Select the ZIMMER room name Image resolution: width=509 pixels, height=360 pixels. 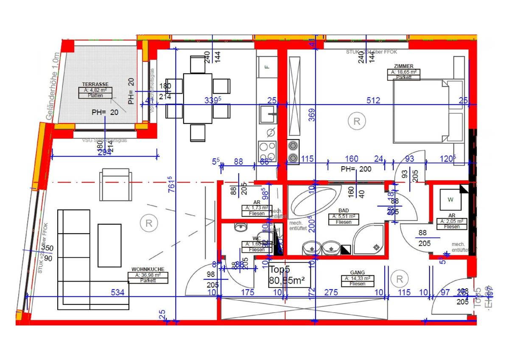pos(403,67)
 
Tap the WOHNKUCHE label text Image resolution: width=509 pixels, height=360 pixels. pos(148,269)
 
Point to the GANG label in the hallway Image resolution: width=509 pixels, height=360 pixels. pos(357,273)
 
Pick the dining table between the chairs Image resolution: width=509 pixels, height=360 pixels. pos(197,98)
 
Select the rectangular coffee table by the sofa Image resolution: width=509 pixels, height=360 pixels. pos(110,245)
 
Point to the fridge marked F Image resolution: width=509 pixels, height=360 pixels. pos(267,67)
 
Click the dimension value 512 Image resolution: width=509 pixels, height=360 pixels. pos(373,100)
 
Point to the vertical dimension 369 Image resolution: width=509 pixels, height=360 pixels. pos(312,116)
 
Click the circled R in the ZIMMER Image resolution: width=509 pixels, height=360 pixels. pos(356,121)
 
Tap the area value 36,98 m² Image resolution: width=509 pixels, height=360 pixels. pos(148,275)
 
